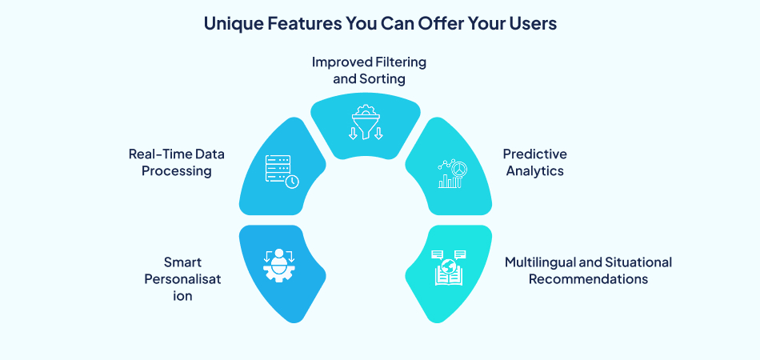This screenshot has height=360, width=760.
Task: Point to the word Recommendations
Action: pyautogui.click(x=587, y=279)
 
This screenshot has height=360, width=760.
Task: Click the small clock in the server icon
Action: pyautogui.click(x=293, y=182)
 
